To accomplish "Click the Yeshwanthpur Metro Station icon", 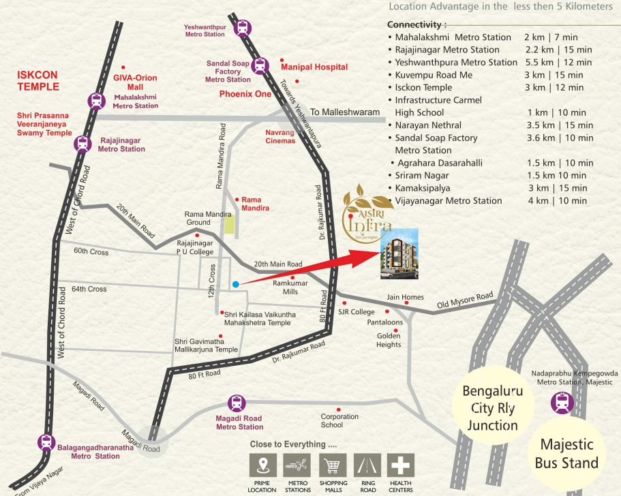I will [242, 28].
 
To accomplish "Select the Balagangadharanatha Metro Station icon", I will [46, 442].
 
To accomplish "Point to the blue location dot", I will [234, 284].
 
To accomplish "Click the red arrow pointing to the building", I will [307, 268].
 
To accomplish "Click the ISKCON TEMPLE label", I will [39, 81].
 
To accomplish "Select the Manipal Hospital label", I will [314, 67].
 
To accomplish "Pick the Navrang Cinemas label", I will [280, 136].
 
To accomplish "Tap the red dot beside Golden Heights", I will [397, 335].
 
